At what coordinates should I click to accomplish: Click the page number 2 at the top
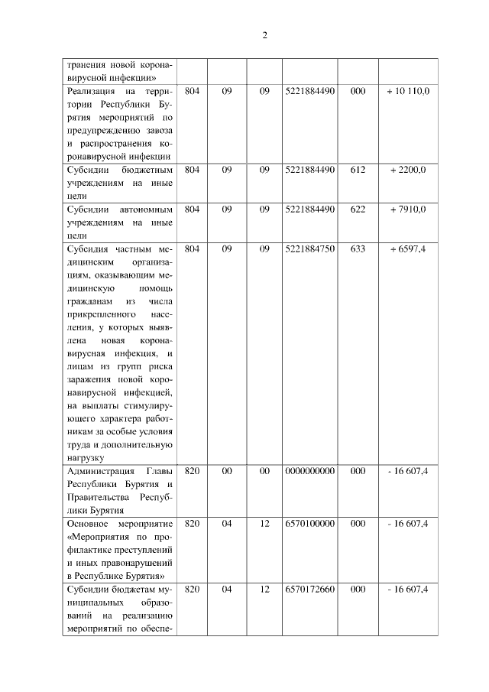pyautogui.click(x=264, y=36)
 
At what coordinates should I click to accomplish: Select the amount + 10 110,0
pyautogui.click(x=408, y=91)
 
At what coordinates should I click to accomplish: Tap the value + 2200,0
pyautogui.click(x=408, y=169)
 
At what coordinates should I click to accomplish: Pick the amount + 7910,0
pyautogui.click(x=408, y=209)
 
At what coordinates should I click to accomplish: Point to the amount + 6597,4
pyautogui.click(x=408, y=249)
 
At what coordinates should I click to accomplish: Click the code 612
pyautogui.click(x=358, y=169)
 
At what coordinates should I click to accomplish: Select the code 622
pyautogui.click(x=358, y=209)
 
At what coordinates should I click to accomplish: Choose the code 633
pyautogui.click(x=358, y=249)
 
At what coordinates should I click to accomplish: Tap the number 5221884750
pyautogui.click(x=309, y=249)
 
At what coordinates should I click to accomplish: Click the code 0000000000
pyautogui.click(x=309, y=470)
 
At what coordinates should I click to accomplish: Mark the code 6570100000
pyautogui.click(x=309, y=523)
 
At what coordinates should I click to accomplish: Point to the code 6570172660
pyautogui.click(x=309, y=590)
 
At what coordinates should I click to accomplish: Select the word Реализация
pyautogui.click(x=91, y=91)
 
